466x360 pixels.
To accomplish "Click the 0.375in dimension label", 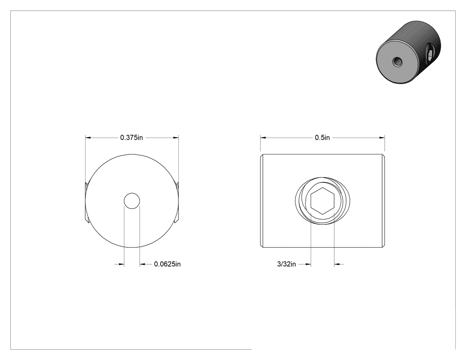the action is (131, 138).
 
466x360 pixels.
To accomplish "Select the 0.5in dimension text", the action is (322, 138).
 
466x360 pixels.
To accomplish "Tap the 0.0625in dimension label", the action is (167, 264).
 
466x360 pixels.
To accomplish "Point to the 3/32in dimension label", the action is (287, 264).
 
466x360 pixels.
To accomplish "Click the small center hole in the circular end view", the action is (132, 201).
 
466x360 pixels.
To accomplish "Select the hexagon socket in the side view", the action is (323, 201).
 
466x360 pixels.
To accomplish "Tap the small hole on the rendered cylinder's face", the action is (397, 62).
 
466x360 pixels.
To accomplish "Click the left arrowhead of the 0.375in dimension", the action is (88, 138).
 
